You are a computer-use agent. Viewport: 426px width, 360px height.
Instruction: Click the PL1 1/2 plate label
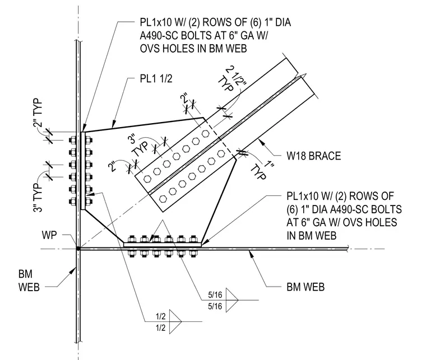[x=156, y=79]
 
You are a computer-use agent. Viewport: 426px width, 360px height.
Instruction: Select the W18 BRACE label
[x=313, y=156]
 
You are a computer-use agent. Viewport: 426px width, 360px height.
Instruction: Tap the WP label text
[x=49, y=235]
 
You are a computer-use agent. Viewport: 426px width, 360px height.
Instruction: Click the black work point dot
[x=78, y=248]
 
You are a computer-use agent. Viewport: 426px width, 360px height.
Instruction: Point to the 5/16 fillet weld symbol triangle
[x=232, y=300]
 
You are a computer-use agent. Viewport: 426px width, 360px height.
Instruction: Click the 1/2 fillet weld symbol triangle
[x=175, y=321]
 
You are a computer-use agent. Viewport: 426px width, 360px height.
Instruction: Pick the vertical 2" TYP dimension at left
[x=38, y=113]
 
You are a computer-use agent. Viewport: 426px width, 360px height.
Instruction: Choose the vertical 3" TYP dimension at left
[x=38, y=198]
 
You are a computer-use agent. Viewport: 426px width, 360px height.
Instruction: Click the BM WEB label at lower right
[x=305, y=287]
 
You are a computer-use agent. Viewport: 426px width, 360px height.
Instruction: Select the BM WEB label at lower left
[x=29, y=280]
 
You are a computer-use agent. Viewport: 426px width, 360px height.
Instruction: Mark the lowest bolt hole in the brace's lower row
[x=163, y=199]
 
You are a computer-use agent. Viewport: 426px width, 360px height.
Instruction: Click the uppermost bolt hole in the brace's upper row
[x=206, y=133]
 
